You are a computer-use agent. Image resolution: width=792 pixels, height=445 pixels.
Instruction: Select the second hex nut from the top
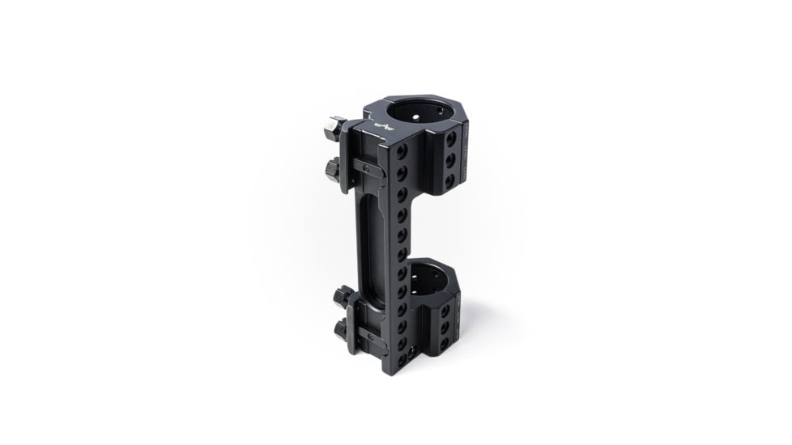(x=332, y=169)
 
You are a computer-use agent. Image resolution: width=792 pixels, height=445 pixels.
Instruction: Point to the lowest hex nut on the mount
(x=341, y=328)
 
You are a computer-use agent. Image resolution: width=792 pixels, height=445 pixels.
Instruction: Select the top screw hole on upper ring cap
(x=450, y=139)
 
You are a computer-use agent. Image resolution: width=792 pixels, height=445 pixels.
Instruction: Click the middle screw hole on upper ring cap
(x=450, y=159)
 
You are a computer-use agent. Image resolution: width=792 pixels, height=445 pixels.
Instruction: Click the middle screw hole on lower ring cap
(x=445, y=328)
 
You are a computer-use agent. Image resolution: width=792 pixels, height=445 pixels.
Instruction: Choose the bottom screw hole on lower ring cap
(x=444, y=344)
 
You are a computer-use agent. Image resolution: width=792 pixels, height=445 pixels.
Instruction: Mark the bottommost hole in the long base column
(x=401, y=360)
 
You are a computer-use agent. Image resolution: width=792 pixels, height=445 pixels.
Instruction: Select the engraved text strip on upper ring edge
(x=465, y=154)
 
